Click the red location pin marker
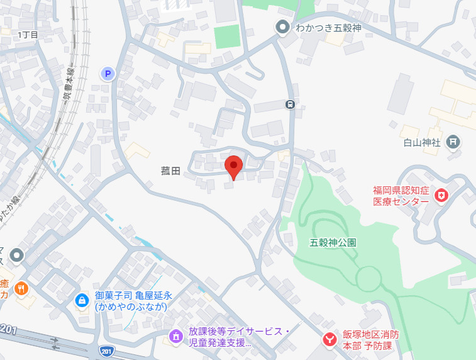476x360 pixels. click(x=234, y=167)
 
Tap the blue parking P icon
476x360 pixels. click(x=108, y=74)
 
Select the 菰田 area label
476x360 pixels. click(x=170, y=170)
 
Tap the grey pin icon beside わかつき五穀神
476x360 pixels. click(x=282, y=27)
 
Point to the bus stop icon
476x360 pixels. click(x=290, y=104)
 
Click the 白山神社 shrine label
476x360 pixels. click(x=422, y=142)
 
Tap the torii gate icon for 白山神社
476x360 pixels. click(x=452, y=142)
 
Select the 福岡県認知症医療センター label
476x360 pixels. click(x=401, y=196)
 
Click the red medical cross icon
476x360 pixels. click(x=441, y=196)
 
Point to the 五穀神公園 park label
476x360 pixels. click(x=333, y=242)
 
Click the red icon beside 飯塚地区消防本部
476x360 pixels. click(x=329, y=340)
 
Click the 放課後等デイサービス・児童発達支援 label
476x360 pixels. click(x=239, y=337)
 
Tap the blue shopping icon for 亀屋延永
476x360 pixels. click(x=82, y=300)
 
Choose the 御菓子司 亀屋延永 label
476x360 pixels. click(x=133, y=301)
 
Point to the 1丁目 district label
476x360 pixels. click(x=28, y=35)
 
